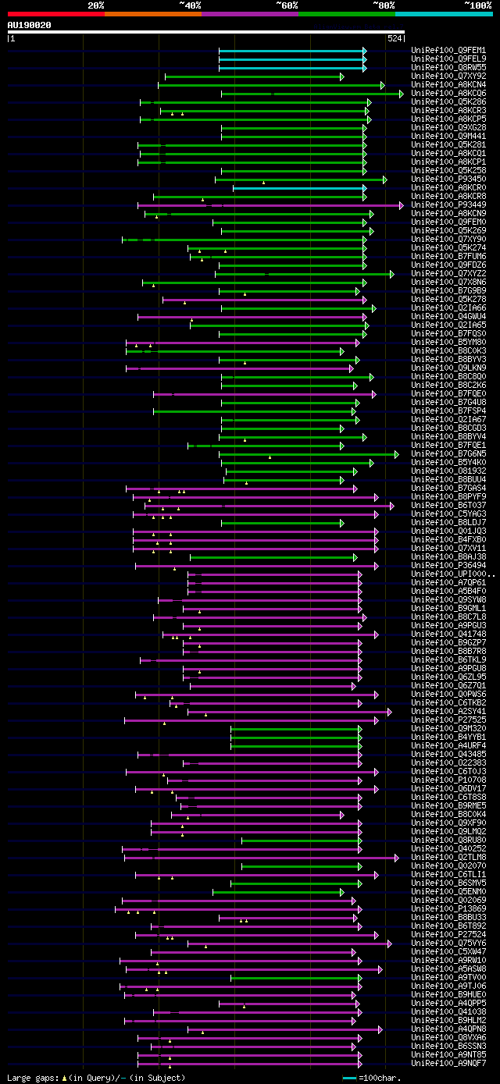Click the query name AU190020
29,25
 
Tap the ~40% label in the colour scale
190,5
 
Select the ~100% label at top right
478,5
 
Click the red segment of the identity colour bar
55,13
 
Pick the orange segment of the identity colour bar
152,13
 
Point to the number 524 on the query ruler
395,37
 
